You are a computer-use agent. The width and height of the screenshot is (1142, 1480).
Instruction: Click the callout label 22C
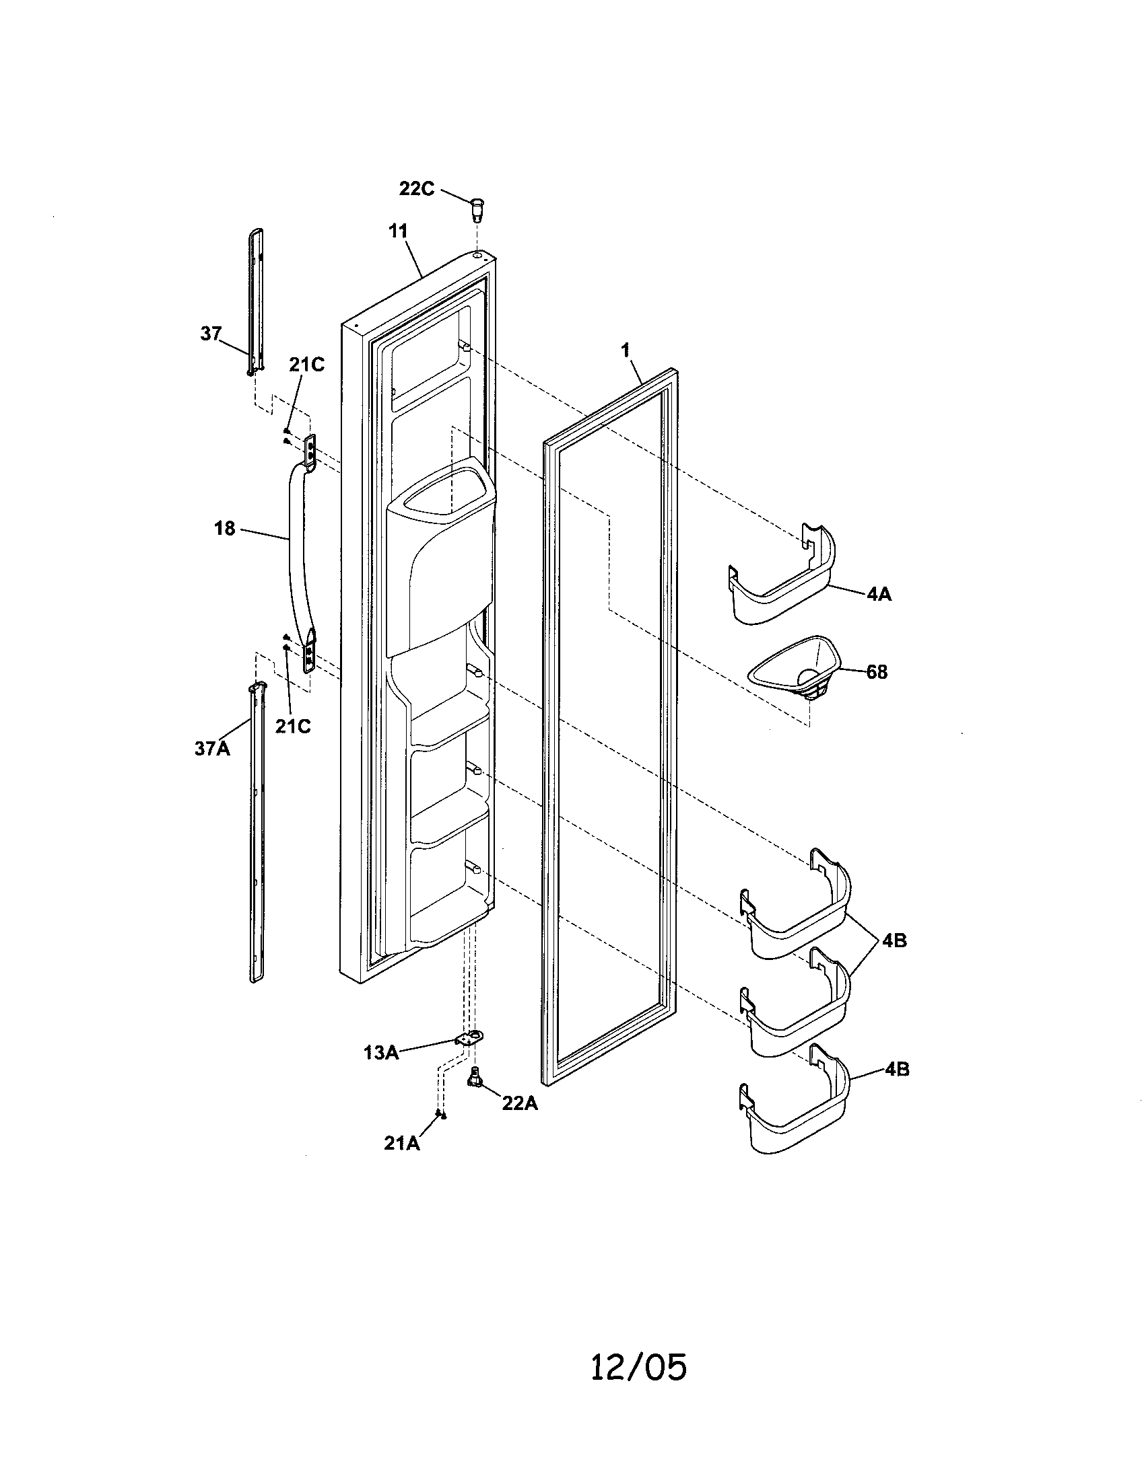pyautogui.click(x=416, y=188)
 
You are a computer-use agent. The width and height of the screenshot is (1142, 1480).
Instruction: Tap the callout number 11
pyautogui.click(x=398, y=231)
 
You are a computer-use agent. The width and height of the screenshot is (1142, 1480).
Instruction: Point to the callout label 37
pyautogui.click(x=211, y=334)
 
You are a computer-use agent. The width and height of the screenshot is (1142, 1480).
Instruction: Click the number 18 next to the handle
pyautogui.click(x=224, y=528)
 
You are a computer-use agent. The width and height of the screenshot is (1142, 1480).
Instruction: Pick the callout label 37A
pyautogui.click(x=212, y=749)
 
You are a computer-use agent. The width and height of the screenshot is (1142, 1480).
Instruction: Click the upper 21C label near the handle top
pyautogui.click(x=306, y=365)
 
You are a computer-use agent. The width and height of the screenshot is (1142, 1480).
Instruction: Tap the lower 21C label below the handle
pyautogui.click(x=293, y=726)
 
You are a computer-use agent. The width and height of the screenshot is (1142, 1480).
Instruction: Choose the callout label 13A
pyautogui.click(x=380, y=1052)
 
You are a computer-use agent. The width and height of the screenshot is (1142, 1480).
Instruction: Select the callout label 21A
pyautogui.click(x=401, y=1143)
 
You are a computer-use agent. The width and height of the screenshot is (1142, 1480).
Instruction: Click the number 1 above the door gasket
pyautogui.click(x=626, y=350)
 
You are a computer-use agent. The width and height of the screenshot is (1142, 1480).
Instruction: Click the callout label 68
pyautogui.click(x=876, y=672)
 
